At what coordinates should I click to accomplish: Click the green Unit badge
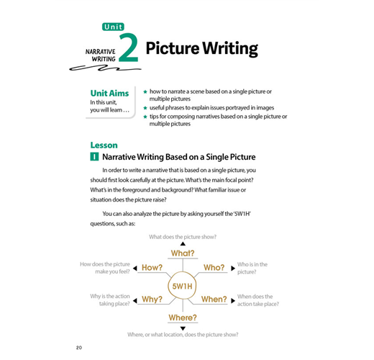click(x=113, y=27)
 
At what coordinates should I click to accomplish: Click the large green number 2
click(x=129, y=48)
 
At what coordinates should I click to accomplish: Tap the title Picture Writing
click(x=202, y=49)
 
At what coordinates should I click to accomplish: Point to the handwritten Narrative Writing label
click(x=101, y=55)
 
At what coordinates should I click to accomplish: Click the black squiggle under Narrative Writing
click(x=105, y=68)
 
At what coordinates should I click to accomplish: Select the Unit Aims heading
click(x=109, y=93)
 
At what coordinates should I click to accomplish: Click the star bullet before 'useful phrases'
click(x=145, y=108)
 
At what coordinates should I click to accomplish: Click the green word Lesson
click(x=104, y=145)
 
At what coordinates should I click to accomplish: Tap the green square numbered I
click(x=94, y=157)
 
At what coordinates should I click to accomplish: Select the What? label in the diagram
click(x=183, y=253)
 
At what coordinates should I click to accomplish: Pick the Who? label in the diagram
click(x=214, y=268)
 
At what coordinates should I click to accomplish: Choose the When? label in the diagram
click(x=214, y=300)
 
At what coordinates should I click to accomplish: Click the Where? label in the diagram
click(x=183, y=318)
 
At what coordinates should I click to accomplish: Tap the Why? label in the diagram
click(x=152, y=300)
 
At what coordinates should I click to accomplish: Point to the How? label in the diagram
click(x=152, y=268)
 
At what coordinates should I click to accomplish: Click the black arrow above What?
click(x=183, y=244)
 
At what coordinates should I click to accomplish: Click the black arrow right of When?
click(x=233, y=301)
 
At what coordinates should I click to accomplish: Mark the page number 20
click(x=79, y=348)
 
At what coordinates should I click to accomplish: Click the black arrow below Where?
click(x=183, y=328)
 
